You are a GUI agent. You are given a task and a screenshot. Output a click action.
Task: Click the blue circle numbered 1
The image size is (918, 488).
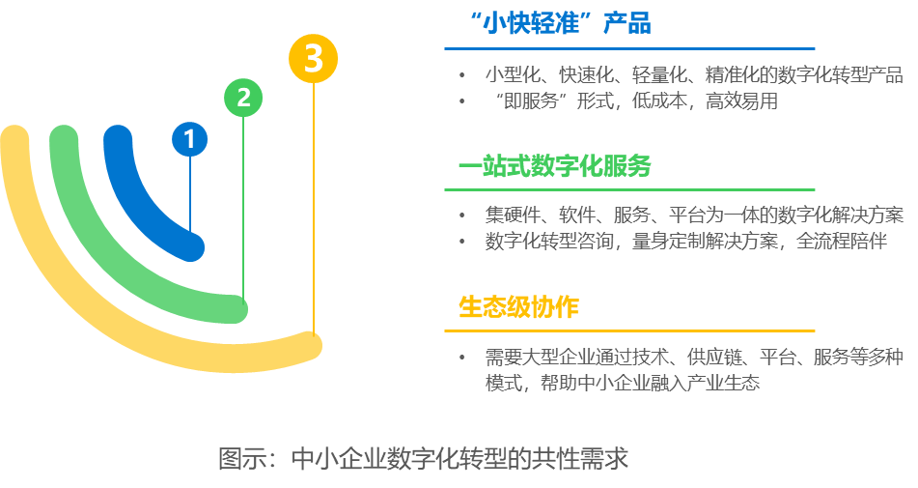tap(190, 139)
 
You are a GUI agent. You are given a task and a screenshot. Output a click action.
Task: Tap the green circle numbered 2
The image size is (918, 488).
tap(243, 97)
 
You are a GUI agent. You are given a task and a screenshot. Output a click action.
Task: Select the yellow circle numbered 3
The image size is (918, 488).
tap(313, 59)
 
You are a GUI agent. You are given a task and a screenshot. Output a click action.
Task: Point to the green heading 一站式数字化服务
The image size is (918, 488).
tap(554, 166)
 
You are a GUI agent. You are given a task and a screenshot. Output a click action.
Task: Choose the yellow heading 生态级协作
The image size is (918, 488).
tap(518, 307)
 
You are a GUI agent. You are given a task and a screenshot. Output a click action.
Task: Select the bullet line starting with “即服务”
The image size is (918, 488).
tap(633, 100)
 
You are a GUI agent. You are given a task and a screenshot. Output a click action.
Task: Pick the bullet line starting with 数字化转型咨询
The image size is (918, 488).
tap(685, 241)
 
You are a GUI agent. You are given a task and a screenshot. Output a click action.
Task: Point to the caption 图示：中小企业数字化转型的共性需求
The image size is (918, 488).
tap(424, 457)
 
